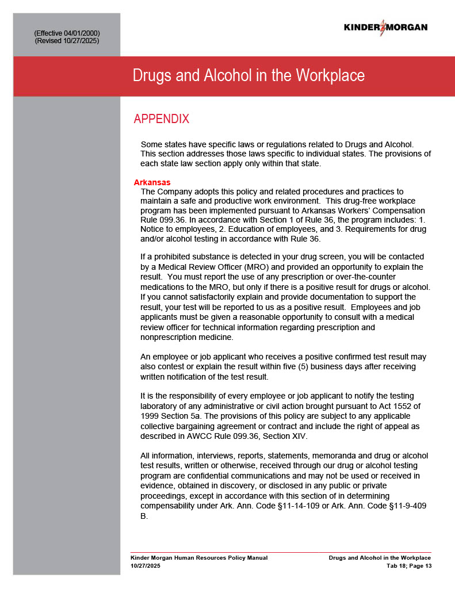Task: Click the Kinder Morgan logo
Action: (385, 27)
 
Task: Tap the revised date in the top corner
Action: (82, 41)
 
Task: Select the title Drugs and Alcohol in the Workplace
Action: (248, 76)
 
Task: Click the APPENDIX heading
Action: (161, 119)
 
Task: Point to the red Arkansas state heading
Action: (152, 182)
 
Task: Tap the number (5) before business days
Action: (319, 366)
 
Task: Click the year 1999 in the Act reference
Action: (152, 415)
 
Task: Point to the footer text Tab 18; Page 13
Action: (408, 566)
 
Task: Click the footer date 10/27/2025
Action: (146, 566)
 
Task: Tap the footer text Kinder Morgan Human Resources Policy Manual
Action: (199, 558)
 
